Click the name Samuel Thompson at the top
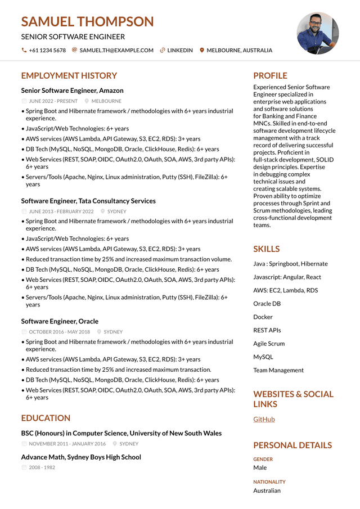[87, 22]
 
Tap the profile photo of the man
[318, 33]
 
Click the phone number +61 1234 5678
[47, 51]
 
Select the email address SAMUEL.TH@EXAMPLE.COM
[116, 51]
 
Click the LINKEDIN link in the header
[180, 51]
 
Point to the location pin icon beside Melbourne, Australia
[202, 51]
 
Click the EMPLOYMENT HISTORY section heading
[69, 76]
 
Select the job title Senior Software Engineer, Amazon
[72, 91]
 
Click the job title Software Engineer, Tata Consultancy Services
[88, 201]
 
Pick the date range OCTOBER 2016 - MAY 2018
[59, 332]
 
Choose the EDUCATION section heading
[46, 418]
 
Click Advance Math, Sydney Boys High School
[81, 457]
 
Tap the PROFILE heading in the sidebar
[270, 76]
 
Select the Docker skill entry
[263, 317]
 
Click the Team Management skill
[278, 371]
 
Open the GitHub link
[264, 420]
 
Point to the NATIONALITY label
[269, 482]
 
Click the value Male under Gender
[260, 468]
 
